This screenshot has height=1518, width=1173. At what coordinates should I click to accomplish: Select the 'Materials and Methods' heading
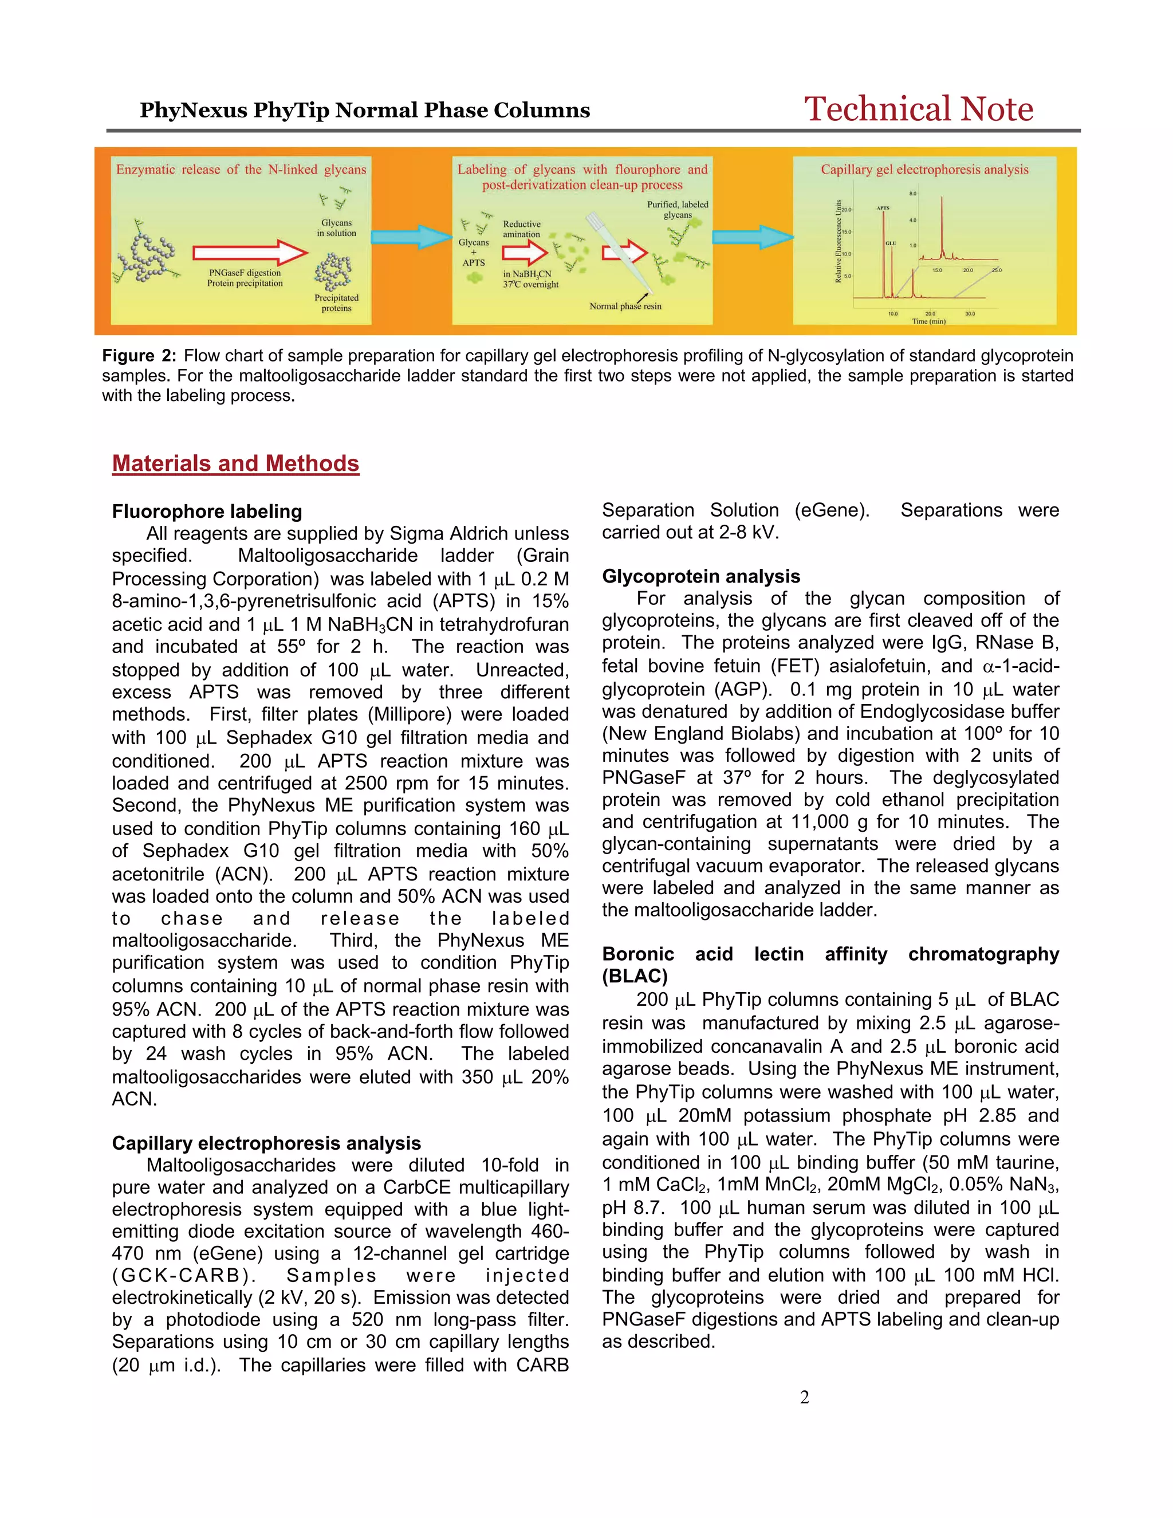(x=235, y=463)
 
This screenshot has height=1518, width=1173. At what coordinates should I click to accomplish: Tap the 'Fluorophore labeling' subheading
(x=207, y=512)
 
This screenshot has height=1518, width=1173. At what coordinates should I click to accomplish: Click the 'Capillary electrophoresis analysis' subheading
(x=266, y=1143)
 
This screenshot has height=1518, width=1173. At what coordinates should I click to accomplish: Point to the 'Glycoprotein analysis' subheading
(x=700, y=576)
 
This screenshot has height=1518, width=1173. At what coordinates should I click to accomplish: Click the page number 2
(x=805, y=1397)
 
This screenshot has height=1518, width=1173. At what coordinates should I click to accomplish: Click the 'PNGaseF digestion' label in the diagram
(x=245, y=273)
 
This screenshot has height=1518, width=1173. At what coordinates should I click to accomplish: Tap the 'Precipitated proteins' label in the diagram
(x=336, y=303)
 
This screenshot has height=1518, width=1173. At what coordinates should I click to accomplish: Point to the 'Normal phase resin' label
(x=625, y=306)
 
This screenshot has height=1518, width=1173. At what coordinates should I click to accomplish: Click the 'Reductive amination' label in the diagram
(x=522, y=229)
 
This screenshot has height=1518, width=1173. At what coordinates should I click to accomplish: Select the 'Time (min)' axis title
(x=928, y=321)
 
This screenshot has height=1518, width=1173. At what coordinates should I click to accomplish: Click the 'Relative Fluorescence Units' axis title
(x=839, y=241)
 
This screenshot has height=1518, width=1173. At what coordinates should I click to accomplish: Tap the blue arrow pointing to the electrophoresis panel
(x=753, y=237)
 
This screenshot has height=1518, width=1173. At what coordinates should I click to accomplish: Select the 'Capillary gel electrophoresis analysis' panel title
(x=924, y=170)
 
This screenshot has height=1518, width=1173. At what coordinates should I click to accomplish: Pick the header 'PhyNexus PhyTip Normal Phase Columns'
(x=365, y=111)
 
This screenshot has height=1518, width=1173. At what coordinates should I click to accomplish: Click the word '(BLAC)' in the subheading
(x=635, y=976)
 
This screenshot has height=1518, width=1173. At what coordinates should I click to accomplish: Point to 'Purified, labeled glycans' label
(x=678, y=209)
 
